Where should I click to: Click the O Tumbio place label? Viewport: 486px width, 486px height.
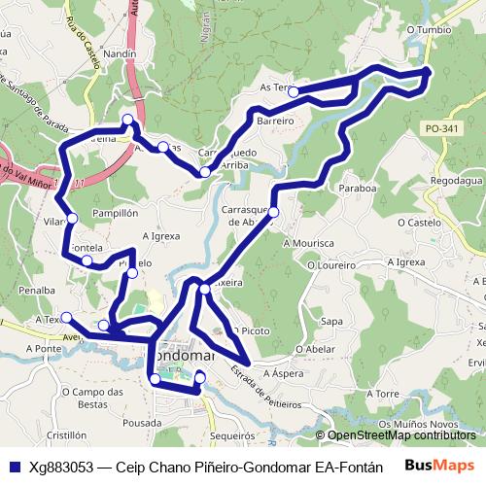coord(430,30)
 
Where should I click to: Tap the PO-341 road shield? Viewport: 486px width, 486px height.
coord(442,127)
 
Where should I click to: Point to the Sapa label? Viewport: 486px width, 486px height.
coord(332,320)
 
